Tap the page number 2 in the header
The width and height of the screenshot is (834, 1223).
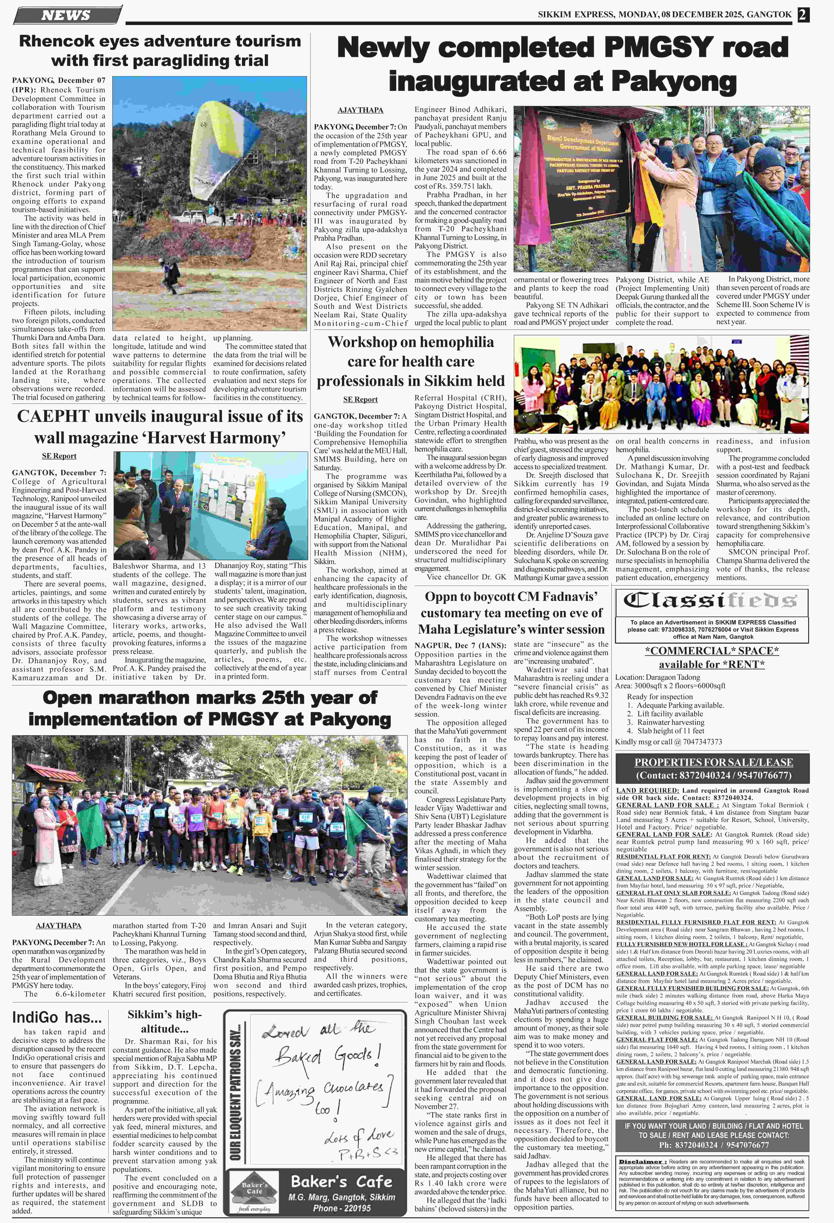[802, 14]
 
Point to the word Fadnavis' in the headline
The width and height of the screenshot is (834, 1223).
[567, 597]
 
